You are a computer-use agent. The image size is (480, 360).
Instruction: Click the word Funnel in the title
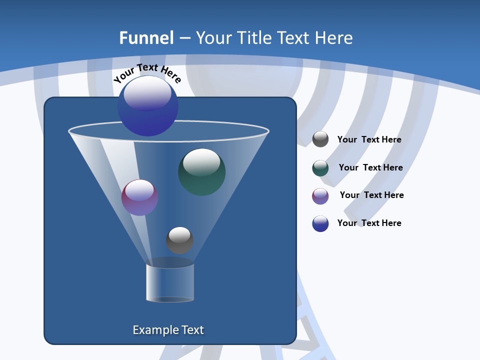(x=146, y=38)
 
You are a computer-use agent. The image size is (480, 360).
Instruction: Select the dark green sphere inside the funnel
(x=201, y=172)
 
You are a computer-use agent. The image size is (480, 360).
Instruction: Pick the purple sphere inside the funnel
(x=139, y=197)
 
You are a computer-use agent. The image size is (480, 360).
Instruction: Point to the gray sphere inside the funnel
(x=179, y=240)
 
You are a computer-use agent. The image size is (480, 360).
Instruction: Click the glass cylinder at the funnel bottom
(x=170, y=282)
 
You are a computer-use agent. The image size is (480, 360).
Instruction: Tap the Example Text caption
(x=168, y=330)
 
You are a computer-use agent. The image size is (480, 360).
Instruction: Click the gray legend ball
(x=320, y=139)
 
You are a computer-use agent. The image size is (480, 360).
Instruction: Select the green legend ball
(x=320, y=168)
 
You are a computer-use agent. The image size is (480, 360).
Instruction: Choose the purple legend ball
(x=320, y=196)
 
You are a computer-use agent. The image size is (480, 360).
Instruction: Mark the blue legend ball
(x=320, y=223)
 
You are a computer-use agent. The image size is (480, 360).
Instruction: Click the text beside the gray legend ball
(x=369, y=140)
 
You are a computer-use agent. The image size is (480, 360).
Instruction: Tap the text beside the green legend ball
(x=370, y=168)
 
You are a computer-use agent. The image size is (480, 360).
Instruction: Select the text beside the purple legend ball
(x=371, y=195)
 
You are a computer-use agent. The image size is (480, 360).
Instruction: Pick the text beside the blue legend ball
(x=369, y=223)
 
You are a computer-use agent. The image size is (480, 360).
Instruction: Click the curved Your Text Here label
(x=147, y=72)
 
